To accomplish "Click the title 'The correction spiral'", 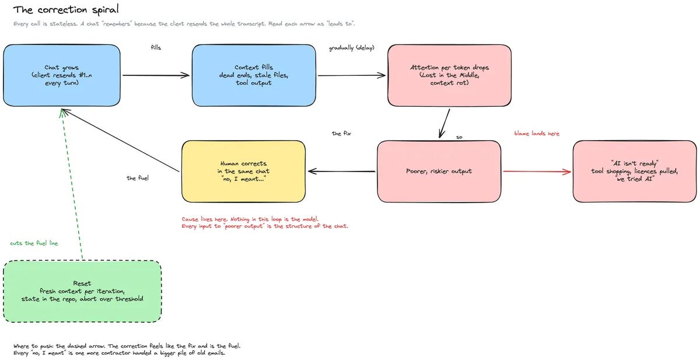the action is [x=66, y=10].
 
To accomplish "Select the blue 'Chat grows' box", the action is [x=62, y=75].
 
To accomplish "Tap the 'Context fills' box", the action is [x=254, y=75].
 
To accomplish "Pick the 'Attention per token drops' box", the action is [x=449, y=75].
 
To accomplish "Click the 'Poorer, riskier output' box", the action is [x=439, y=172].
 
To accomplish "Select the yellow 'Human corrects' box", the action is [x=243, y=172].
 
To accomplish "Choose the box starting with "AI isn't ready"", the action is [x=635, y=172].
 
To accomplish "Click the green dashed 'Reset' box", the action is [x=82, y=291].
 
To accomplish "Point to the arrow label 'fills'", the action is [x=156, y=47].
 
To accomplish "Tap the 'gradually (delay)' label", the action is [x=352, y=48].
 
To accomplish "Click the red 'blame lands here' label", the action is [x=537, y=134].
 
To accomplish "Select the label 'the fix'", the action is [x=341, y=134].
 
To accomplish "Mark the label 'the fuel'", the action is [x=138, y=178].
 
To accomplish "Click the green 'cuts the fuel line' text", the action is [x=34, y=243].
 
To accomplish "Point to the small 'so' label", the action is [x=459, y=137].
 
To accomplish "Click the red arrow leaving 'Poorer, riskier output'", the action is [x=537, y=172].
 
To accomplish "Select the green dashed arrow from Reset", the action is [x=72, y=184].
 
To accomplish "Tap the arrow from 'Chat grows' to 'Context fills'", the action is [x=156, y=75].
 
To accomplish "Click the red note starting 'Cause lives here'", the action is [x=265, y=222].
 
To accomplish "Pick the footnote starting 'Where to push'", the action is [x=127, y=349].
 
